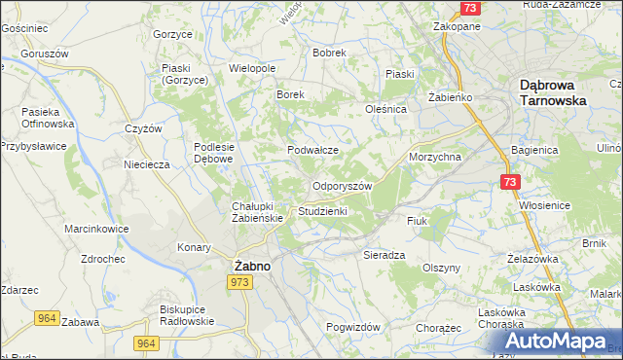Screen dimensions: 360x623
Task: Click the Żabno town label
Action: pyautogui.click(x=252, y=264)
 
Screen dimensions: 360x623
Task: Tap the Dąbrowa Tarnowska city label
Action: pyautogui.click(x=552, y=92)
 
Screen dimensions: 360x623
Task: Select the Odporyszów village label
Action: pyautogui.click(x=341, y=186)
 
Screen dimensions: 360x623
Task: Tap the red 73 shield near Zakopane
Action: pyautogui.click(x=470, y=8)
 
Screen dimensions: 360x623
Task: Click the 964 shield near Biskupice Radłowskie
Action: pyautogui.click(x=147, y=342)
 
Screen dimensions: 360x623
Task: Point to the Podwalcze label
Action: pyautogui.click(x=312, y=150)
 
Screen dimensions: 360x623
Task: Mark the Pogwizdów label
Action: pyautogui.click(x=353, y=327)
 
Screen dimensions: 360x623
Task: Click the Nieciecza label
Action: pyautogui.click(x=147, y=164)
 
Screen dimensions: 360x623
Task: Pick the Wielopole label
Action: pyautogui.click(x=252, y=69)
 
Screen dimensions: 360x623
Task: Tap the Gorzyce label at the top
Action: pyautogui.click(x=171, y=33)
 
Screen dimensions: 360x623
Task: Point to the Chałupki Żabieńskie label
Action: pyautogui.click(x=257, y=212)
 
